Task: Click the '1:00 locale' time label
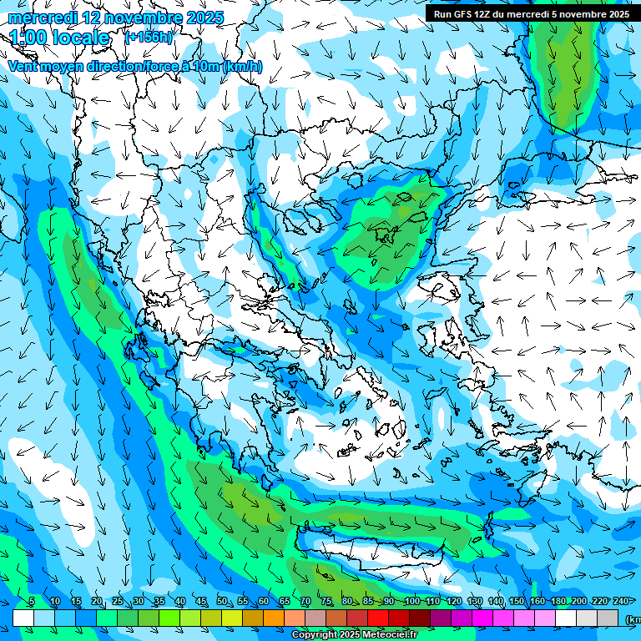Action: point(59,38)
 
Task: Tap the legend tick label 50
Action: point(222,602)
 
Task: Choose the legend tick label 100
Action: point(411,602)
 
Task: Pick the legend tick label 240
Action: point(621,602)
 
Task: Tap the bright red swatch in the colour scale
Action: point(378,618)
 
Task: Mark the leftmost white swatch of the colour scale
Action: point(23,618)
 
